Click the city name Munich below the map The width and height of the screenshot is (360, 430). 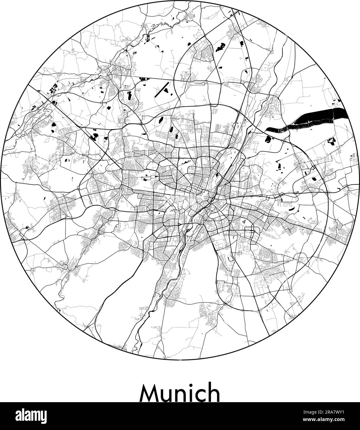pos(180,393)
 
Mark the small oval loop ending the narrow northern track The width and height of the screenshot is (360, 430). pos(202,83)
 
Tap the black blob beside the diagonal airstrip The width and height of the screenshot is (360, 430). pos(166,90)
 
